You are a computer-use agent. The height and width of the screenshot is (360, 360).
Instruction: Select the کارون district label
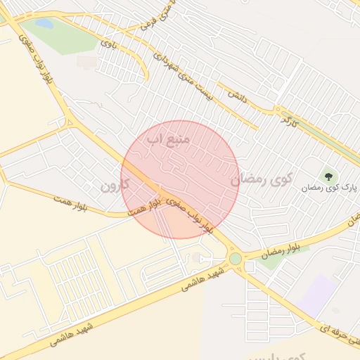tap(117, 188)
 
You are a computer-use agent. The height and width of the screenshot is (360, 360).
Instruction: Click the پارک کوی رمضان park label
tap(330, 188)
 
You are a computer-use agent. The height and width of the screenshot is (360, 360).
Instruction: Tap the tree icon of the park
tap(327, 175)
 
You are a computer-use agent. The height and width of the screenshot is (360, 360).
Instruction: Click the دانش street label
tap(236, 92)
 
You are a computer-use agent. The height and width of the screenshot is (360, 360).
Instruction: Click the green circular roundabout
tap(236, 259)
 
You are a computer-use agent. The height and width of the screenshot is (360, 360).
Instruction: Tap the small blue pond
tap(44, 24)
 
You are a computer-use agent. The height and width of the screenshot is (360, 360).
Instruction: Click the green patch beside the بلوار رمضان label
tap(274, 262)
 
